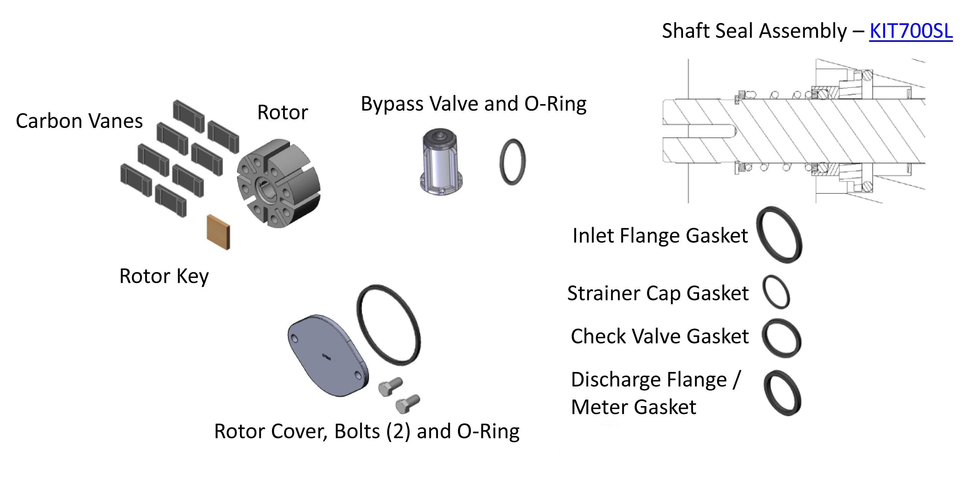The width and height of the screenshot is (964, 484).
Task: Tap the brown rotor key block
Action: click(219, 232)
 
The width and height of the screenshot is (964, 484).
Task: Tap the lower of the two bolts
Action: click(407, 404)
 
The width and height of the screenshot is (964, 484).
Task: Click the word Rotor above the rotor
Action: click(282, 112)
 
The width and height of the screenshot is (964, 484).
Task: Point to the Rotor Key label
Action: click(164, 276)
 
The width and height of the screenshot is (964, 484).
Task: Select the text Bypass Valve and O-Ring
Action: click(473, 104)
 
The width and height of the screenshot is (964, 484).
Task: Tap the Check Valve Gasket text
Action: click(659, 336)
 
